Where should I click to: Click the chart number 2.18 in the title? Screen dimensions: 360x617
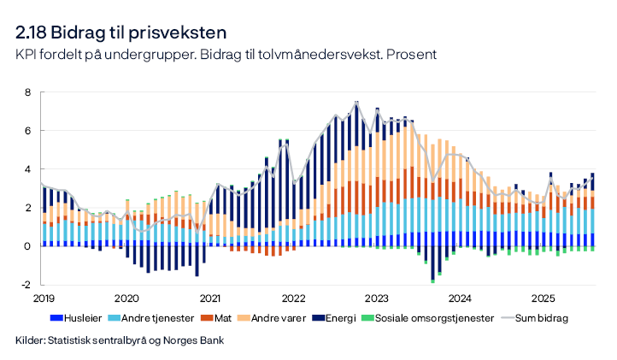tap(31, 33)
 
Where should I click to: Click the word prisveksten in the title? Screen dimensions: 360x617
tap(179, 33)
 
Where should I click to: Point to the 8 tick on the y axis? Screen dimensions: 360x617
tap(28, 92)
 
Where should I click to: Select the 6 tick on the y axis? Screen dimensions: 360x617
tap(28, 131)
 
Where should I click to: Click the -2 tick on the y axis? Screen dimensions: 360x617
tap(26, 285)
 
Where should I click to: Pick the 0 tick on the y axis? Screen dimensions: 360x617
tap(28, 246)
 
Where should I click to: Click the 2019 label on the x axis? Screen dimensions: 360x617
tap(43, 298)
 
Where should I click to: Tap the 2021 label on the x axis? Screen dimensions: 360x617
tap(209, 298)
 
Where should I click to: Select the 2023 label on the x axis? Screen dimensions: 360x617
tap(377, 298)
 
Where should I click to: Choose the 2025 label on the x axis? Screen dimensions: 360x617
tap(544, 298)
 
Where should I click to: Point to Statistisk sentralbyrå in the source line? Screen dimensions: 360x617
tap(95, 340)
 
